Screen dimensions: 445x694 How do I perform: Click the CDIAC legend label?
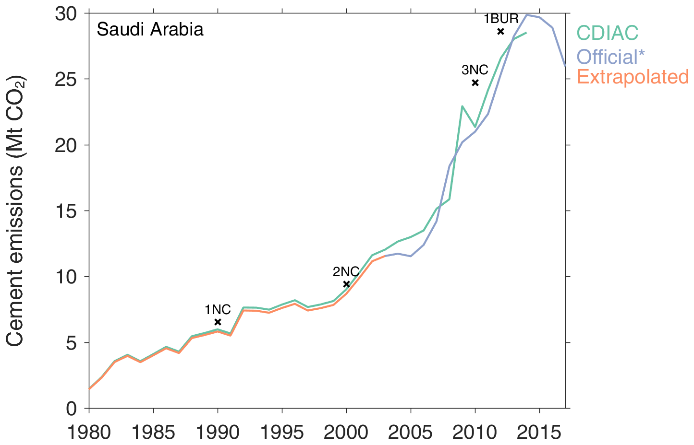coord(607,33)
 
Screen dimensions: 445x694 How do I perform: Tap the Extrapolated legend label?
coord(633,77)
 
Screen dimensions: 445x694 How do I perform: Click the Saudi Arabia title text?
coord(150,30)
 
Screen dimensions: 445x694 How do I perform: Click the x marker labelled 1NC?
coord(218,322)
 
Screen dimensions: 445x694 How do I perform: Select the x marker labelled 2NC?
coord(346,284)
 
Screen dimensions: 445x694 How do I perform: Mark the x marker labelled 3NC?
coord(475,82)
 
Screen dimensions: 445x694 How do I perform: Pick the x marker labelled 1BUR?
coord(500,32)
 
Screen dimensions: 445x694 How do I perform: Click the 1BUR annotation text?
coord(501,19)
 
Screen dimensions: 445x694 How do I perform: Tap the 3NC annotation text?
coord(475,70)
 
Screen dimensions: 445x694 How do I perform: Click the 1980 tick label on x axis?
coord(89,433)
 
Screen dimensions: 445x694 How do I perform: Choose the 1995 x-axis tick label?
coord(282,433)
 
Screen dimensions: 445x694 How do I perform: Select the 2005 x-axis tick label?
coord(410,433)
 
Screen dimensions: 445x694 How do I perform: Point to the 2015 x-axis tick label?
coord(539,433)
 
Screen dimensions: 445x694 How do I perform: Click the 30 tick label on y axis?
coord(66,14)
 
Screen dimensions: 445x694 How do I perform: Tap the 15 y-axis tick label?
coord(66,211)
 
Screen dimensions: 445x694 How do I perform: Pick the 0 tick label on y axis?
coord(72,409)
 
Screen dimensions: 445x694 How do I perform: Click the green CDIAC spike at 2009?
coord(462,106)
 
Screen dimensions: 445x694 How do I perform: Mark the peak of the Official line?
coord(527,15)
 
